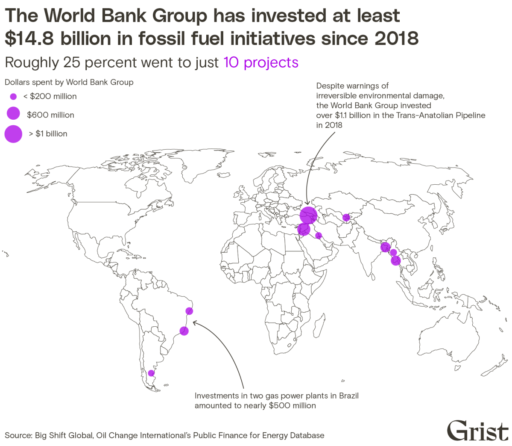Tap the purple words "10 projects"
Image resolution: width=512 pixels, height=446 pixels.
261,62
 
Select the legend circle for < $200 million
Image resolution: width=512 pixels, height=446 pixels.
13,97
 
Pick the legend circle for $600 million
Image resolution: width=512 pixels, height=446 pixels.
13,114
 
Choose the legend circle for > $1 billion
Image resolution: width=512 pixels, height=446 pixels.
13,134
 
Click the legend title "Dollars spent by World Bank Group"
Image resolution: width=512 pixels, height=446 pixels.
69,82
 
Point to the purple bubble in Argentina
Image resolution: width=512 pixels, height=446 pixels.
151,373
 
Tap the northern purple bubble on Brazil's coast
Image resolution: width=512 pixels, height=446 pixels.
190,311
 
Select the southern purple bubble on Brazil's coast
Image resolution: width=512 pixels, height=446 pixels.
184,331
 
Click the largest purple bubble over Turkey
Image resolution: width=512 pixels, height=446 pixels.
308,215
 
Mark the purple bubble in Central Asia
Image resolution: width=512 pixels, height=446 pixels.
346,217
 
